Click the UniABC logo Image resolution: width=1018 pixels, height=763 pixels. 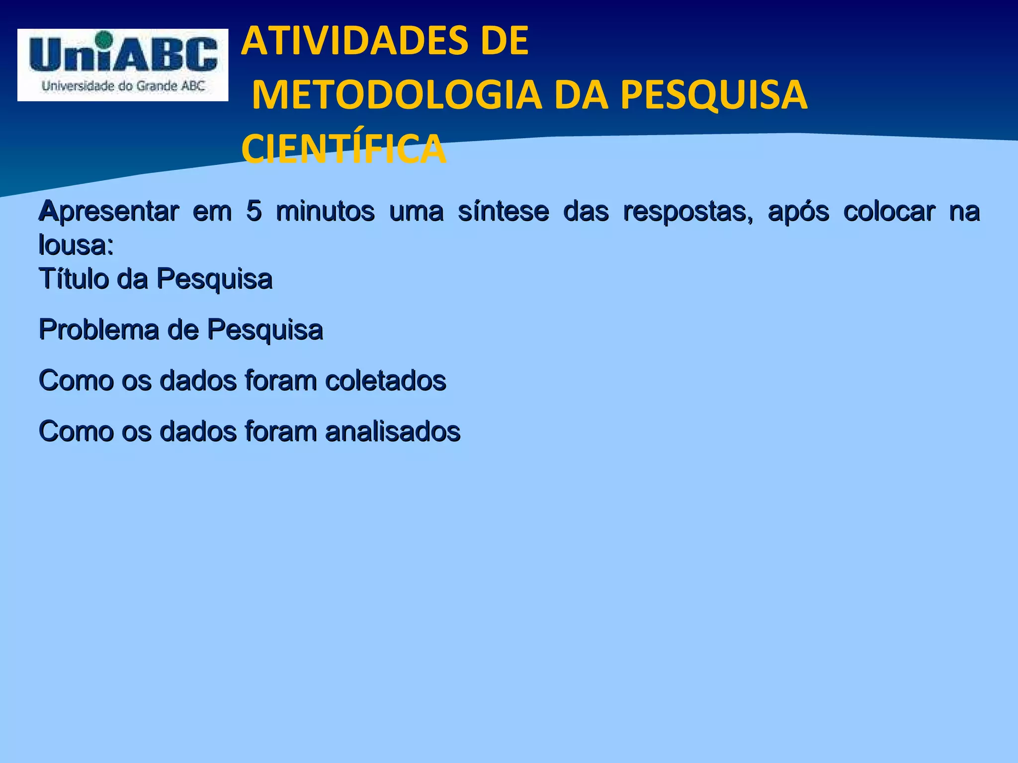(123, 65)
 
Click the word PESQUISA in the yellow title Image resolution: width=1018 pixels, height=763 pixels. (714, 95)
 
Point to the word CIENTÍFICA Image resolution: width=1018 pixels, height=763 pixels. (343, 149)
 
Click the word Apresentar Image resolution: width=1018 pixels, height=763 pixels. (109, 212)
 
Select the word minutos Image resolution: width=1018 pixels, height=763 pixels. (325, 212)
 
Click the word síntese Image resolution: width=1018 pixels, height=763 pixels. (503, 212)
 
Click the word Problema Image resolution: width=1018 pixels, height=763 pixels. (98, 329)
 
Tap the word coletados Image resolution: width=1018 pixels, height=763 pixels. (385, 381)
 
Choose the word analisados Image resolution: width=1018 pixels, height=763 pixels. (393, 431)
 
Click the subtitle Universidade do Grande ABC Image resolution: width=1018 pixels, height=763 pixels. (123, 86)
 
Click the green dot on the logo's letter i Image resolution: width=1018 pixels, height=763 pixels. (103, 38)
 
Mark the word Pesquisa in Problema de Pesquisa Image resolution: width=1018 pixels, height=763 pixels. (265, 330)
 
